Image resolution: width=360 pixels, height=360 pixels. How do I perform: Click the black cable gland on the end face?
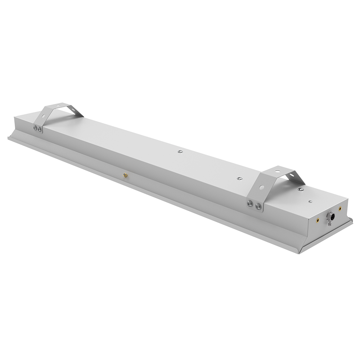click(x=330, y=217)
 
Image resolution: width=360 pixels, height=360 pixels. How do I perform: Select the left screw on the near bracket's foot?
click(x=250, y=204)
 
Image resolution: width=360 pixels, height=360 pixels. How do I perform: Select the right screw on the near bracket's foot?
click(x=258, y=207)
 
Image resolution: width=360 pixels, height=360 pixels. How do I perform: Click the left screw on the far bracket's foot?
click(x=35, y=128)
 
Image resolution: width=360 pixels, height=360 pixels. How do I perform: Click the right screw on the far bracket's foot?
click(x=40, y=130)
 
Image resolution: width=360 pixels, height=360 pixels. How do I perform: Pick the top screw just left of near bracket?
click(x=239, y=178)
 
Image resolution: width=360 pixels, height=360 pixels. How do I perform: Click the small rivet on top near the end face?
click(x=309, y=201)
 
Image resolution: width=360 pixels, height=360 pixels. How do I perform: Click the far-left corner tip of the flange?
click(x=8, y=138)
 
